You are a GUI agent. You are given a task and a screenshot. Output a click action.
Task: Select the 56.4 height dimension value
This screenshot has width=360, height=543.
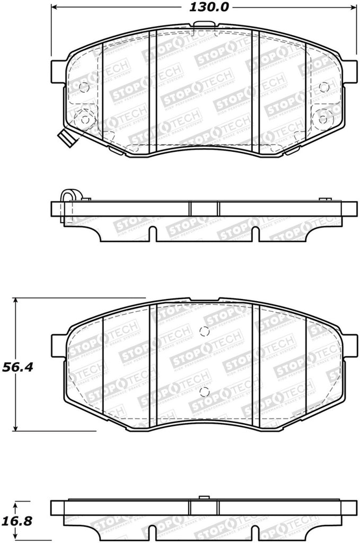coord(15,366)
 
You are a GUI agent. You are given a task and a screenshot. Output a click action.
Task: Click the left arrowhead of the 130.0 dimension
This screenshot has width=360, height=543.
coord(55,7)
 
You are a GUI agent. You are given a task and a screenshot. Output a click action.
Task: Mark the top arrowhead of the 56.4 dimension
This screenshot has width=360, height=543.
coord(17,301)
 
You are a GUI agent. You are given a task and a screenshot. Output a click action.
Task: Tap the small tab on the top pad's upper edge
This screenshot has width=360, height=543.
coord(203,24)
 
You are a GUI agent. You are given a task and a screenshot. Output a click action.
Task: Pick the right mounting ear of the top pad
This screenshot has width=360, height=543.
coord(349,71)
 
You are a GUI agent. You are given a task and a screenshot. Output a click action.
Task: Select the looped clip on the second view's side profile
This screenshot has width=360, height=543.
coord(68,197)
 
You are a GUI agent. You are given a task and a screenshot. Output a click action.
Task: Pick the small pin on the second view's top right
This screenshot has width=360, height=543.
coord(322,198)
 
